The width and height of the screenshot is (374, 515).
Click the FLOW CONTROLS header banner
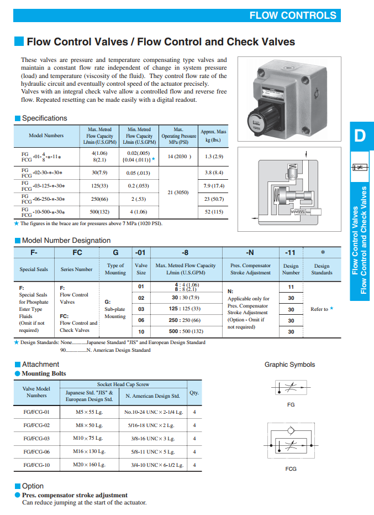tap(293, 15)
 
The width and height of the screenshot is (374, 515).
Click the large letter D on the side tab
tap(360, 136)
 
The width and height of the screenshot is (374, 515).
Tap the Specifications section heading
tap(44, 118)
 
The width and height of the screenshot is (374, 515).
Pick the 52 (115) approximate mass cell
tap(214, 211)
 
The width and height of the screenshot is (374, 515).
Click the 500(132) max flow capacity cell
tap(99, 211)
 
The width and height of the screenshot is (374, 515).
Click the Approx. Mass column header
tap(214, 136)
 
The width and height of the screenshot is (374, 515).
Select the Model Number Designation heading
tap(66, 241)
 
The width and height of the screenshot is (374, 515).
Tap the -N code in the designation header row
tap(249, 253)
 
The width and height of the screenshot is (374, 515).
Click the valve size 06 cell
tap(141, 320)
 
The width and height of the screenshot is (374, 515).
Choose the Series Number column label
tap(76, 269)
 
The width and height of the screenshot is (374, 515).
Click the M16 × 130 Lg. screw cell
tap(89, 451)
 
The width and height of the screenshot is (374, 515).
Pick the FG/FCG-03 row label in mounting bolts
tap(36, 438)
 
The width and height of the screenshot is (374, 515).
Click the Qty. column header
tap(194, 393)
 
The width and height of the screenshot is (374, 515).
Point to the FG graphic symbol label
tap(291, 405)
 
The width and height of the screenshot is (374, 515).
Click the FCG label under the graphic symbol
tap(291, 469)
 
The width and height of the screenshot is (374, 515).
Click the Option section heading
tap(33, 486)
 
